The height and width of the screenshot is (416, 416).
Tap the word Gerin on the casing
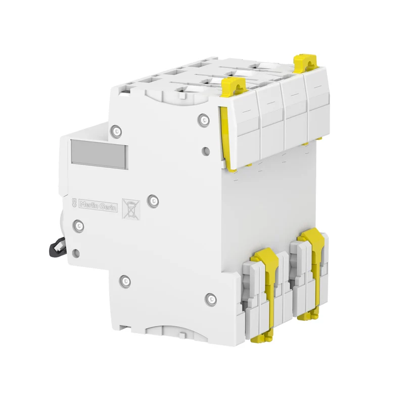(x=108, y=207)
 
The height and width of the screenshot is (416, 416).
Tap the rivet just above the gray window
(x=117, y=131)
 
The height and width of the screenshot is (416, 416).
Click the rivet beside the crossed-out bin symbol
(x=154, y=200)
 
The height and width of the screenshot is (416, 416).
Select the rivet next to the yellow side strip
(x=203, y=119)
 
